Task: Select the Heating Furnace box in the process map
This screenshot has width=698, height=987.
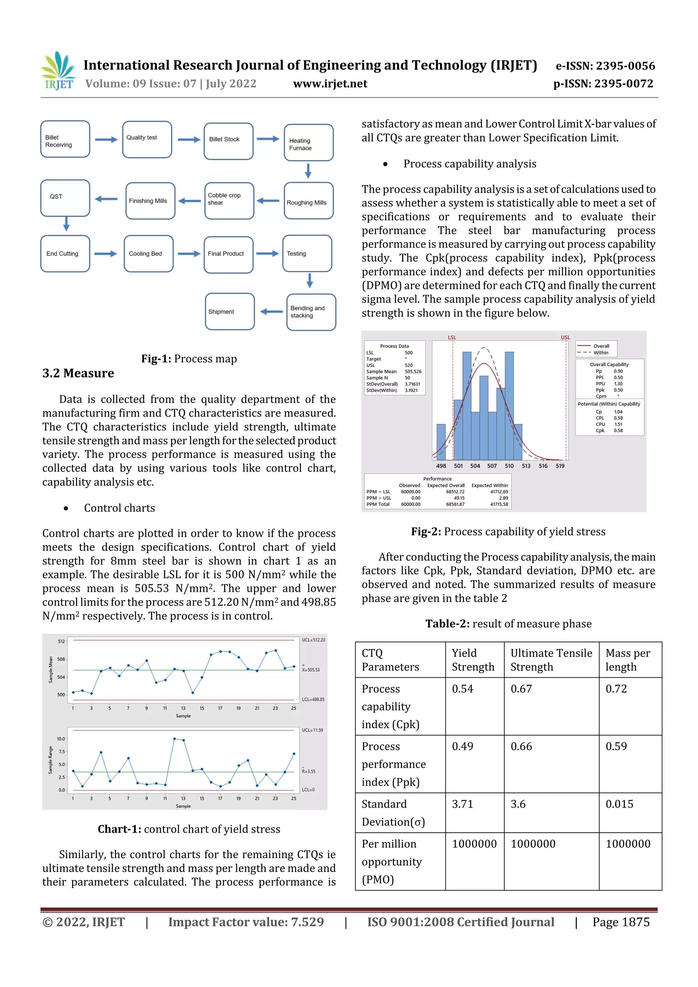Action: coord(308,143)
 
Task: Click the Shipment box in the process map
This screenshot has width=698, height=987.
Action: coord(230,312)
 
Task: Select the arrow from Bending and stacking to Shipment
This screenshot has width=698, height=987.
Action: coord(271,312)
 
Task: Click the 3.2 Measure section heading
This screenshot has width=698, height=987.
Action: coord(78,373)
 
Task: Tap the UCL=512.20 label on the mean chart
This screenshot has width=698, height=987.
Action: coord(313,639)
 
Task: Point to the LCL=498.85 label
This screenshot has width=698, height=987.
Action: coord(313,699)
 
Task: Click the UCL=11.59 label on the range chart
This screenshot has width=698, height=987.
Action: coord(312,730)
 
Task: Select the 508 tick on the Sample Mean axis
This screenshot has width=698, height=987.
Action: coord(61,659)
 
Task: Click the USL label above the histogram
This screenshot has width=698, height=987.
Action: coord(565,337)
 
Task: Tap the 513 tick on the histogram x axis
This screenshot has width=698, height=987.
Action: coord(526,466)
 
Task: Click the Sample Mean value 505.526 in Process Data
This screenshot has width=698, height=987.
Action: coord(413,371)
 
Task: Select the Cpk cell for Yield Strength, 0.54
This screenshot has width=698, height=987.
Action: coord(462,689)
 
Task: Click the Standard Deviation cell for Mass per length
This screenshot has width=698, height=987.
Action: coord(619,804)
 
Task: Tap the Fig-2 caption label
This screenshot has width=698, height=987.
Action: coord(426,532)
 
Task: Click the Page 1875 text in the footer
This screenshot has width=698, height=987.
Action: coord(621,922)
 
